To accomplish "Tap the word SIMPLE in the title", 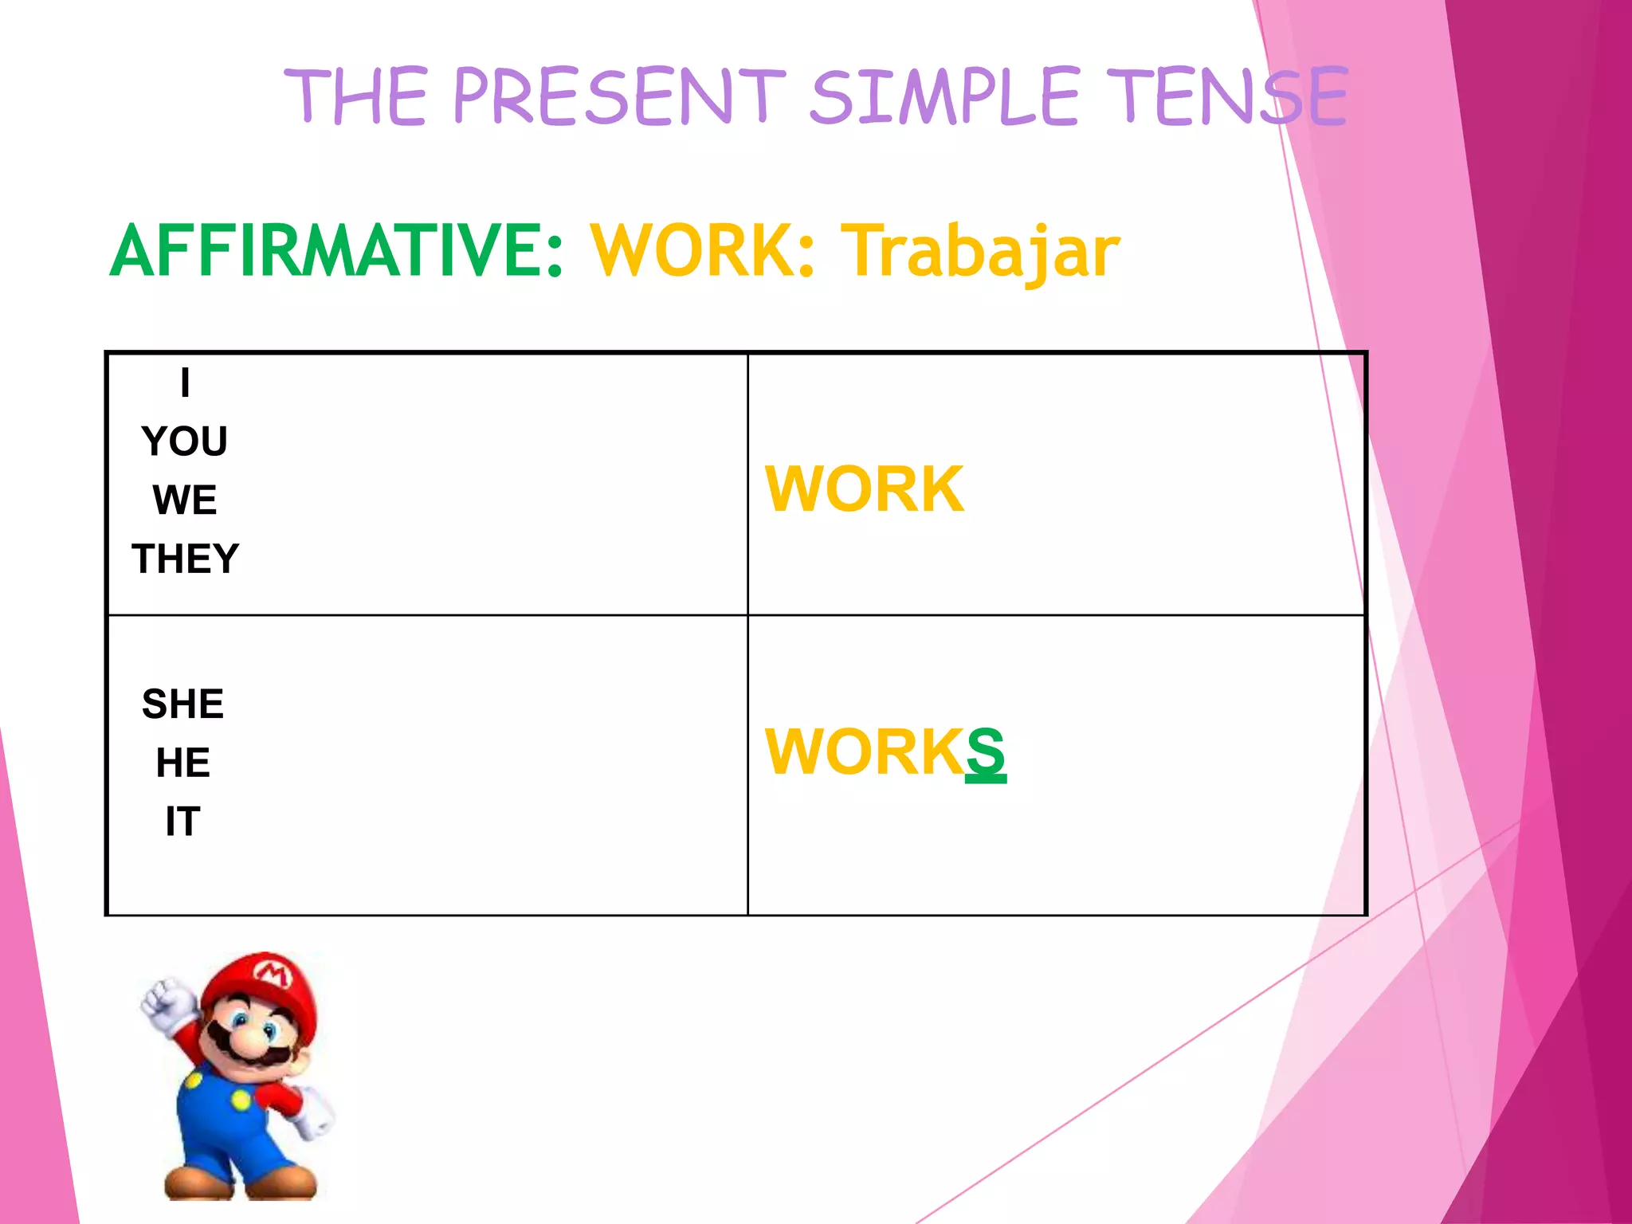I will pyautogui.click(x=944, y=97).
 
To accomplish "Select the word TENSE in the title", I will pyautogui.click(x=1227, y=97).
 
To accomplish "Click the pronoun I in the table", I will pyautogui.click(x=185, y=383).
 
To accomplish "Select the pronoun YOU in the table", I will pyautogui.click(x=185, y=441).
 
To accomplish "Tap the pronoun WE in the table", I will pyautogui.click(x=185, y=500).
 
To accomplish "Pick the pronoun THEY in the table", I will pyautogui.click(x=185, y=559).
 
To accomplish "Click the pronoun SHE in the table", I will pyautogui.click(x=183, y=704).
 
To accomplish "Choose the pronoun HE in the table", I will pyautogui.click(x=183, y=763).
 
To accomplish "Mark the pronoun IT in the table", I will pyautogui.click(x=183, y=822).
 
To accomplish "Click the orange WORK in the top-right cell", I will pyautogui.click(x=865, y=488).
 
